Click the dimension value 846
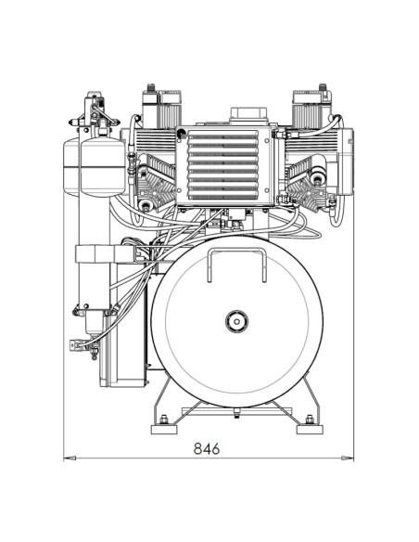206,447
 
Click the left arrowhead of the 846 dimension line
67,457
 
